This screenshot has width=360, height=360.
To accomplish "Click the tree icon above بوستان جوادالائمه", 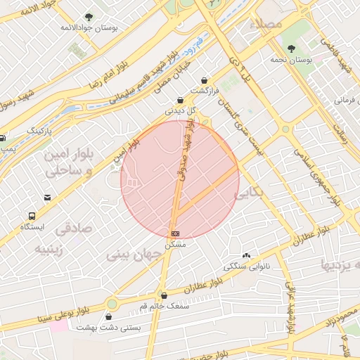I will tap(89, 17).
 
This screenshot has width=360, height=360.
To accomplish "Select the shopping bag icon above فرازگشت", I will tap(205, 80).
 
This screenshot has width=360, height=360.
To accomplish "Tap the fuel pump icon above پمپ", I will tap(3, 138).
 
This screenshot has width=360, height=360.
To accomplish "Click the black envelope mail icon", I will tap(47, 198).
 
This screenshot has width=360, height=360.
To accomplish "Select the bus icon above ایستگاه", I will tap(32, 216).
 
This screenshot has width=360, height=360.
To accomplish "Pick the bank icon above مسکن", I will tap(174, 233).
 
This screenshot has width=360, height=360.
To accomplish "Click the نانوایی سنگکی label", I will tap(245, 266).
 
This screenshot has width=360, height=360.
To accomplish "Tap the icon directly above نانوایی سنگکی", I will tap(246, 256).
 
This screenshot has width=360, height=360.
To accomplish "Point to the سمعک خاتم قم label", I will tap(164, 307).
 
